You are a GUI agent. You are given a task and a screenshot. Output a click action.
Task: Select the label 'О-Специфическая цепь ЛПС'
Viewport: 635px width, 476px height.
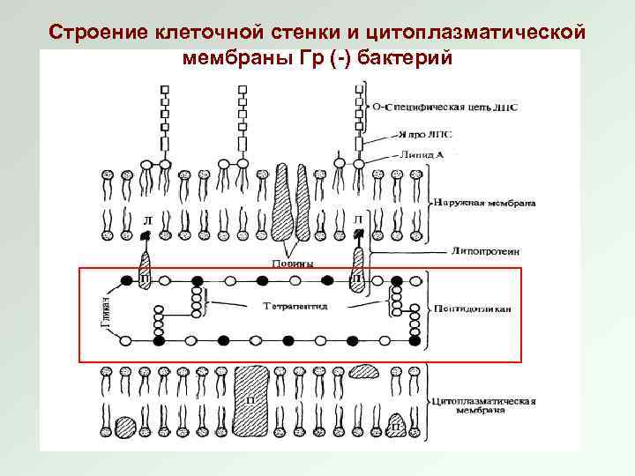[x=444, y=108]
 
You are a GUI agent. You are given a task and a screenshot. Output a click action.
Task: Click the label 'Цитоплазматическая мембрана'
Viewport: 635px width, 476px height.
[x=486, y=406]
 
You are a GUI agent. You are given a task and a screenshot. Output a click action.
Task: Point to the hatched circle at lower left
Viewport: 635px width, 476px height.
[x=125, y=427]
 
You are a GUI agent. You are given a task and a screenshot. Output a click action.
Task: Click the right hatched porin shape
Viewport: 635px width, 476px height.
[x=303, y=198]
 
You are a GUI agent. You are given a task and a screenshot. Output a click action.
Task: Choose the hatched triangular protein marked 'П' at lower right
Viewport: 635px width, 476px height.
[x=397, y=426]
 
